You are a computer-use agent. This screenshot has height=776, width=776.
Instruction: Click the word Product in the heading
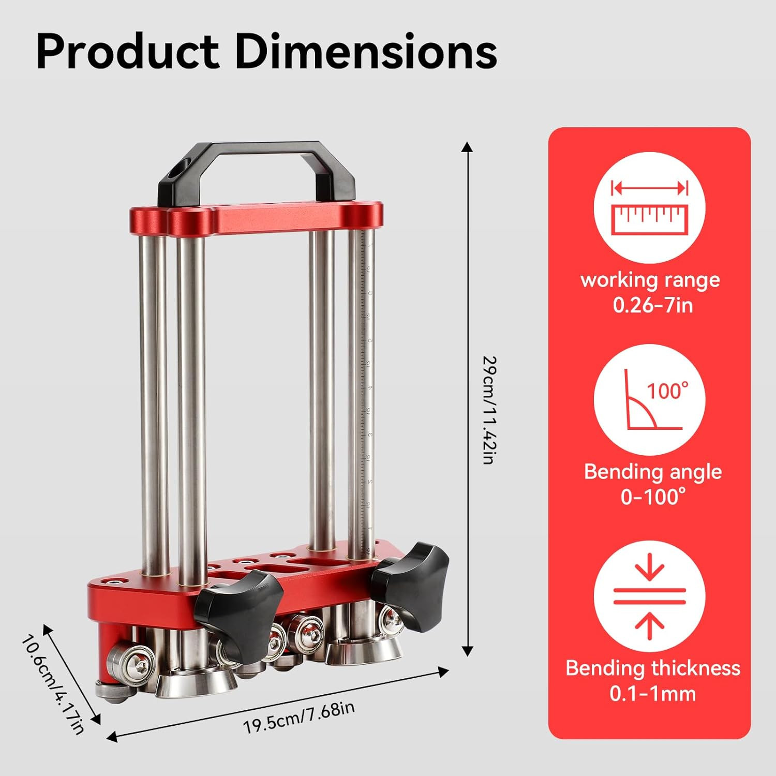tap(127, 52)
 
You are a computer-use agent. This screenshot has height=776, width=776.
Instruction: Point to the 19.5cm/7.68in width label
tap(299, 717)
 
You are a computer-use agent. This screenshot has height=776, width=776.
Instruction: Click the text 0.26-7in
tap(652, 305)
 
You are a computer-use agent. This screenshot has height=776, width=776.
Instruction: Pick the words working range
tap(650, 280)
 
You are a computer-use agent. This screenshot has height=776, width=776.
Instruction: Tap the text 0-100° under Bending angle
tap(653, 497)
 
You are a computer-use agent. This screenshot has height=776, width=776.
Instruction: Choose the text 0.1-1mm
tap(653, 693)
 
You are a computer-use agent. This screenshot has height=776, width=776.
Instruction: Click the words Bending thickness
tap(653, 668)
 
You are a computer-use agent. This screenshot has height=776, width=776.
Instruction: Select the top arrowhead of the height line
tap(467, 147)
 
